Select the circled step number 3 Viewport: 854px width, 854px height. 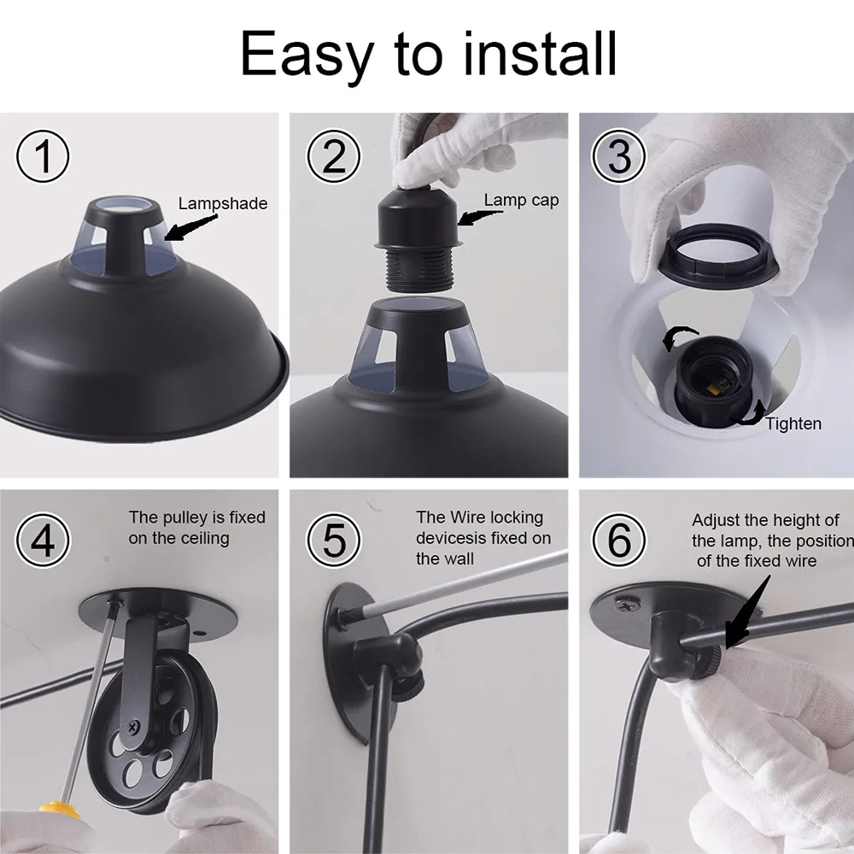(619, 156)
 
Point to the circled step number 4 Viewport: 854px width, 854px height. (43, 540)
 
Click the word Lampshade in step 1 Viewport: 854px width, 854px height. (223, 203)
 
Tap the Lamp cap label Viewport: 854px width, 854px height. (521, 200)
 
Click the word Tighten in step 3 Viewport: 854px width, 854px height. (793, 424)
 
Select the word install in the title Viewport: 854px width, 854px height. (540, 54)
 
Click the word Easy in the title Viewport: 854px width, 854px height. (307, 54)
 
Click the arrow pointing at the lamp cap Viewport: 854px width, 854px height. (478, 218)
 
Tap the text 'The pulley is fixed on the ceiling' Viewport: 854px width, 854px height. (197, 528)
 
